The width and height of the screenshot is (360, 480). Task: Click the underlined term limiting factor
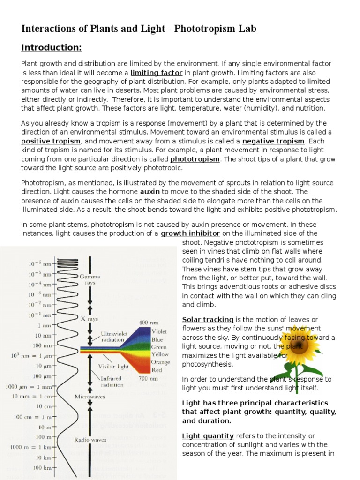156,73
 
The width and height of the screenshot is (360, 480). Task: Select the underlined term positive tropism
52,141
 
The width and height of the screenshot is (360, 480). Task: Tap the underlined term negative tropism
274,141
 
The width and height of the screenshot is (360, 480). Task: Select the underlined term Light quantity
208,435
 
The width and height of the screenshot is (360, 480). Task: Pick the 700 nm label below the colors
149,377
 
